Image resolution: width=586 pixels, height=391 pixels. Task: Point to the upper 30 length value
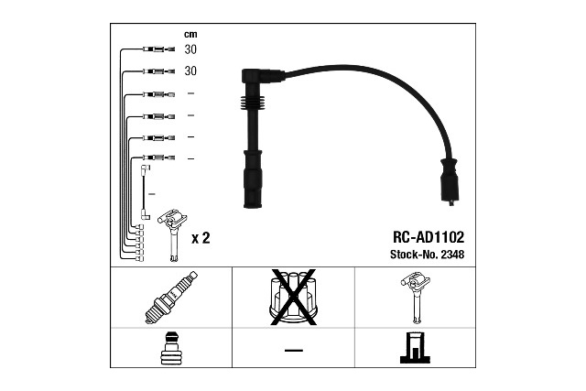190,49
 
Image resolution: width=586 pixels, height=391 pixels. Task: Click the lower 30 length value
190,71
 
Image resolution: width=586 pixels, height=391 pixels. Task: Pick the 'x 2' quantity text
201,238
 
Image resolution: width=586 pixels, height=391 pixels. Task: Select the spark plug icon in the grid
171,298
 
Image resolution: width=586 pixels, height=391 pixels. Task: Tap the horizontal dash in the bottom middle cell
293,349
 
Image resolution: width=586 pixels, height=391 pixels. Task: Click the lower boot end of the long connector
251,188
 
